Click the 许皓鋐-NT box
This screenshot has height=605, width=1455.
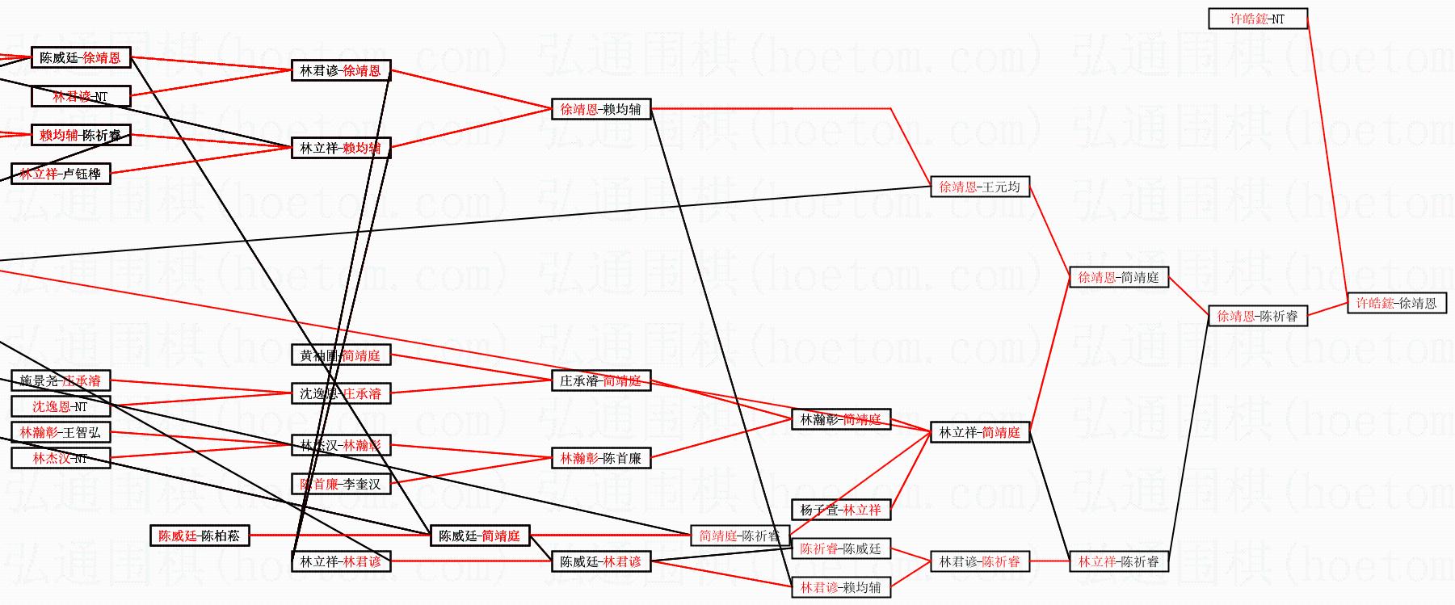[x=1257, y=19]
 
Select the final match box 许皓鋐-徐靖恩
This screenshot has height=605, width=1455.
[x=1396, y=304]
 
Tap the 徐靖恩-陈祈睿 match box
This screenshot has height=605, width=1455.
[x=1257, y=317]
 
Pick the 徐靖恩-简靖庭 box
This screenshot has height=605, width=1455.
[x=1118, y=278]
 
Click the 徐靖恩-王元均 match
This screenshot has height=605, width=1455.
[x=979, y=187]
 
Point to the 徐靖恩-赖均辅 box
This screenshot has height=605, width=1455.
[x=600, y=109]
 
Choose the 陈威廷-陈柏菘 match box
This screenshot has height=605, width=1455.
[x=199, y=536]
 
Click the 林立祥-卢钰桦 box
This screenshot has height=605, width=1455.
[x=61, y=174]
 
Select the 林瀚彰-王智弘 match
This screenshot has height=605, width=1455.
[x=61, y=433]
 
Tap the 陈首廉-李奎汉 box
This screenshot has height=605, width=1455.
[x=340, y=485]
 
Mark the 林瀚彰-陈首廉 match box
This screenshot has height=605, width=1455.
[x=600, y=459]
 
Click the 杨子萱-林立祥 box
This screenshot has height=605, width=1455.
[x=840, y=510]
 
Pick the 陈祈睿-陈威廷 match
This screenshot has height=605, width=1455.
[x=840, y=549]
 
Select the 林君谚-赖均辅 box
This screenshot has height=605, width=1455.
[x=840, y=587]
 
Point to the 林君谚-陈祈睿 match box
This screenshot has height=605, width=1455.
[x=979, y=561]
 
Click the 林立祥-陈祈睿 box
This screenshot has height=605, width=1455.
[x=1118, y=561]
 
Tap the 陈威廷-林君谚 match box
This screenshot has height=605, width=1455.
[x=600, y=561]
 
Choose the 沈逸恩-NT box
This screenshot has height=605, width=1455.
[x=61, y=406]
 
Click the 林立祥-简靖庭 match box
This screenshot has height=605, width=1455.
[x=979, y=433]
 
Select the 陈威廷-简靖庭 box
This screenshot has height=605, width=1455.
[x=479, y=536]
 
